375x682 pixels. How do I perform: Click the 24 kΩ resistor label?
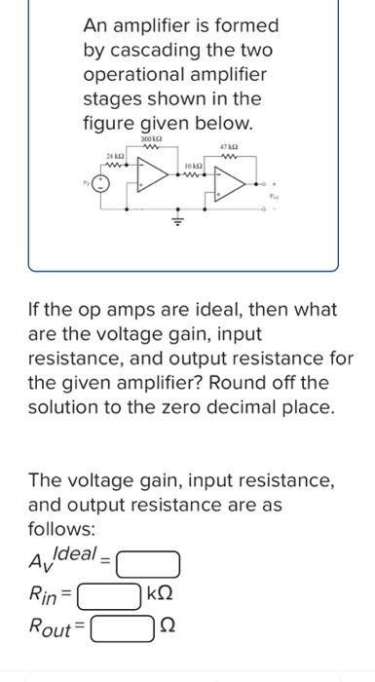(114, 156)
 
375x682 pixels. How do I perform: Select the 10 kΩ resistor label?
(193, 168)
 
